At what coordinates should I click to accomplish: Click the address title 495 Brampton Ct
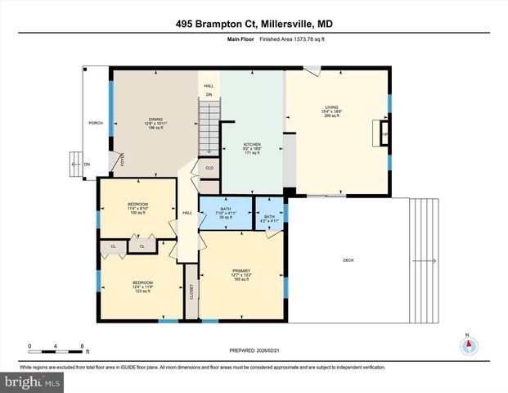(254, 25)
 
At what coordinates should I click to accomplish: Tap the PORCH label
(96, 124)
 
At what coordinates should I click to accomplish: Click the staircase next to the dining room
(210, 126)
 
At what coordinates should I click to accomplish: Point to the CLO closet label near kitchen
(209, 168)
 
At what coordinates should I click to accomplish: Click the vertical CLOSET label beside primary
(191, 291)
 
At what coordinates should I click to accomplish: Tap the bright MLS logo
(32, 382)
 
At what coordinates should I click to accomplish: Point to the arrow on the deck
(423, 261)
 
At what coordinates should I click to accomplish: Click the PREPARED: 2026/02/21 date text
(254, 350)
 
